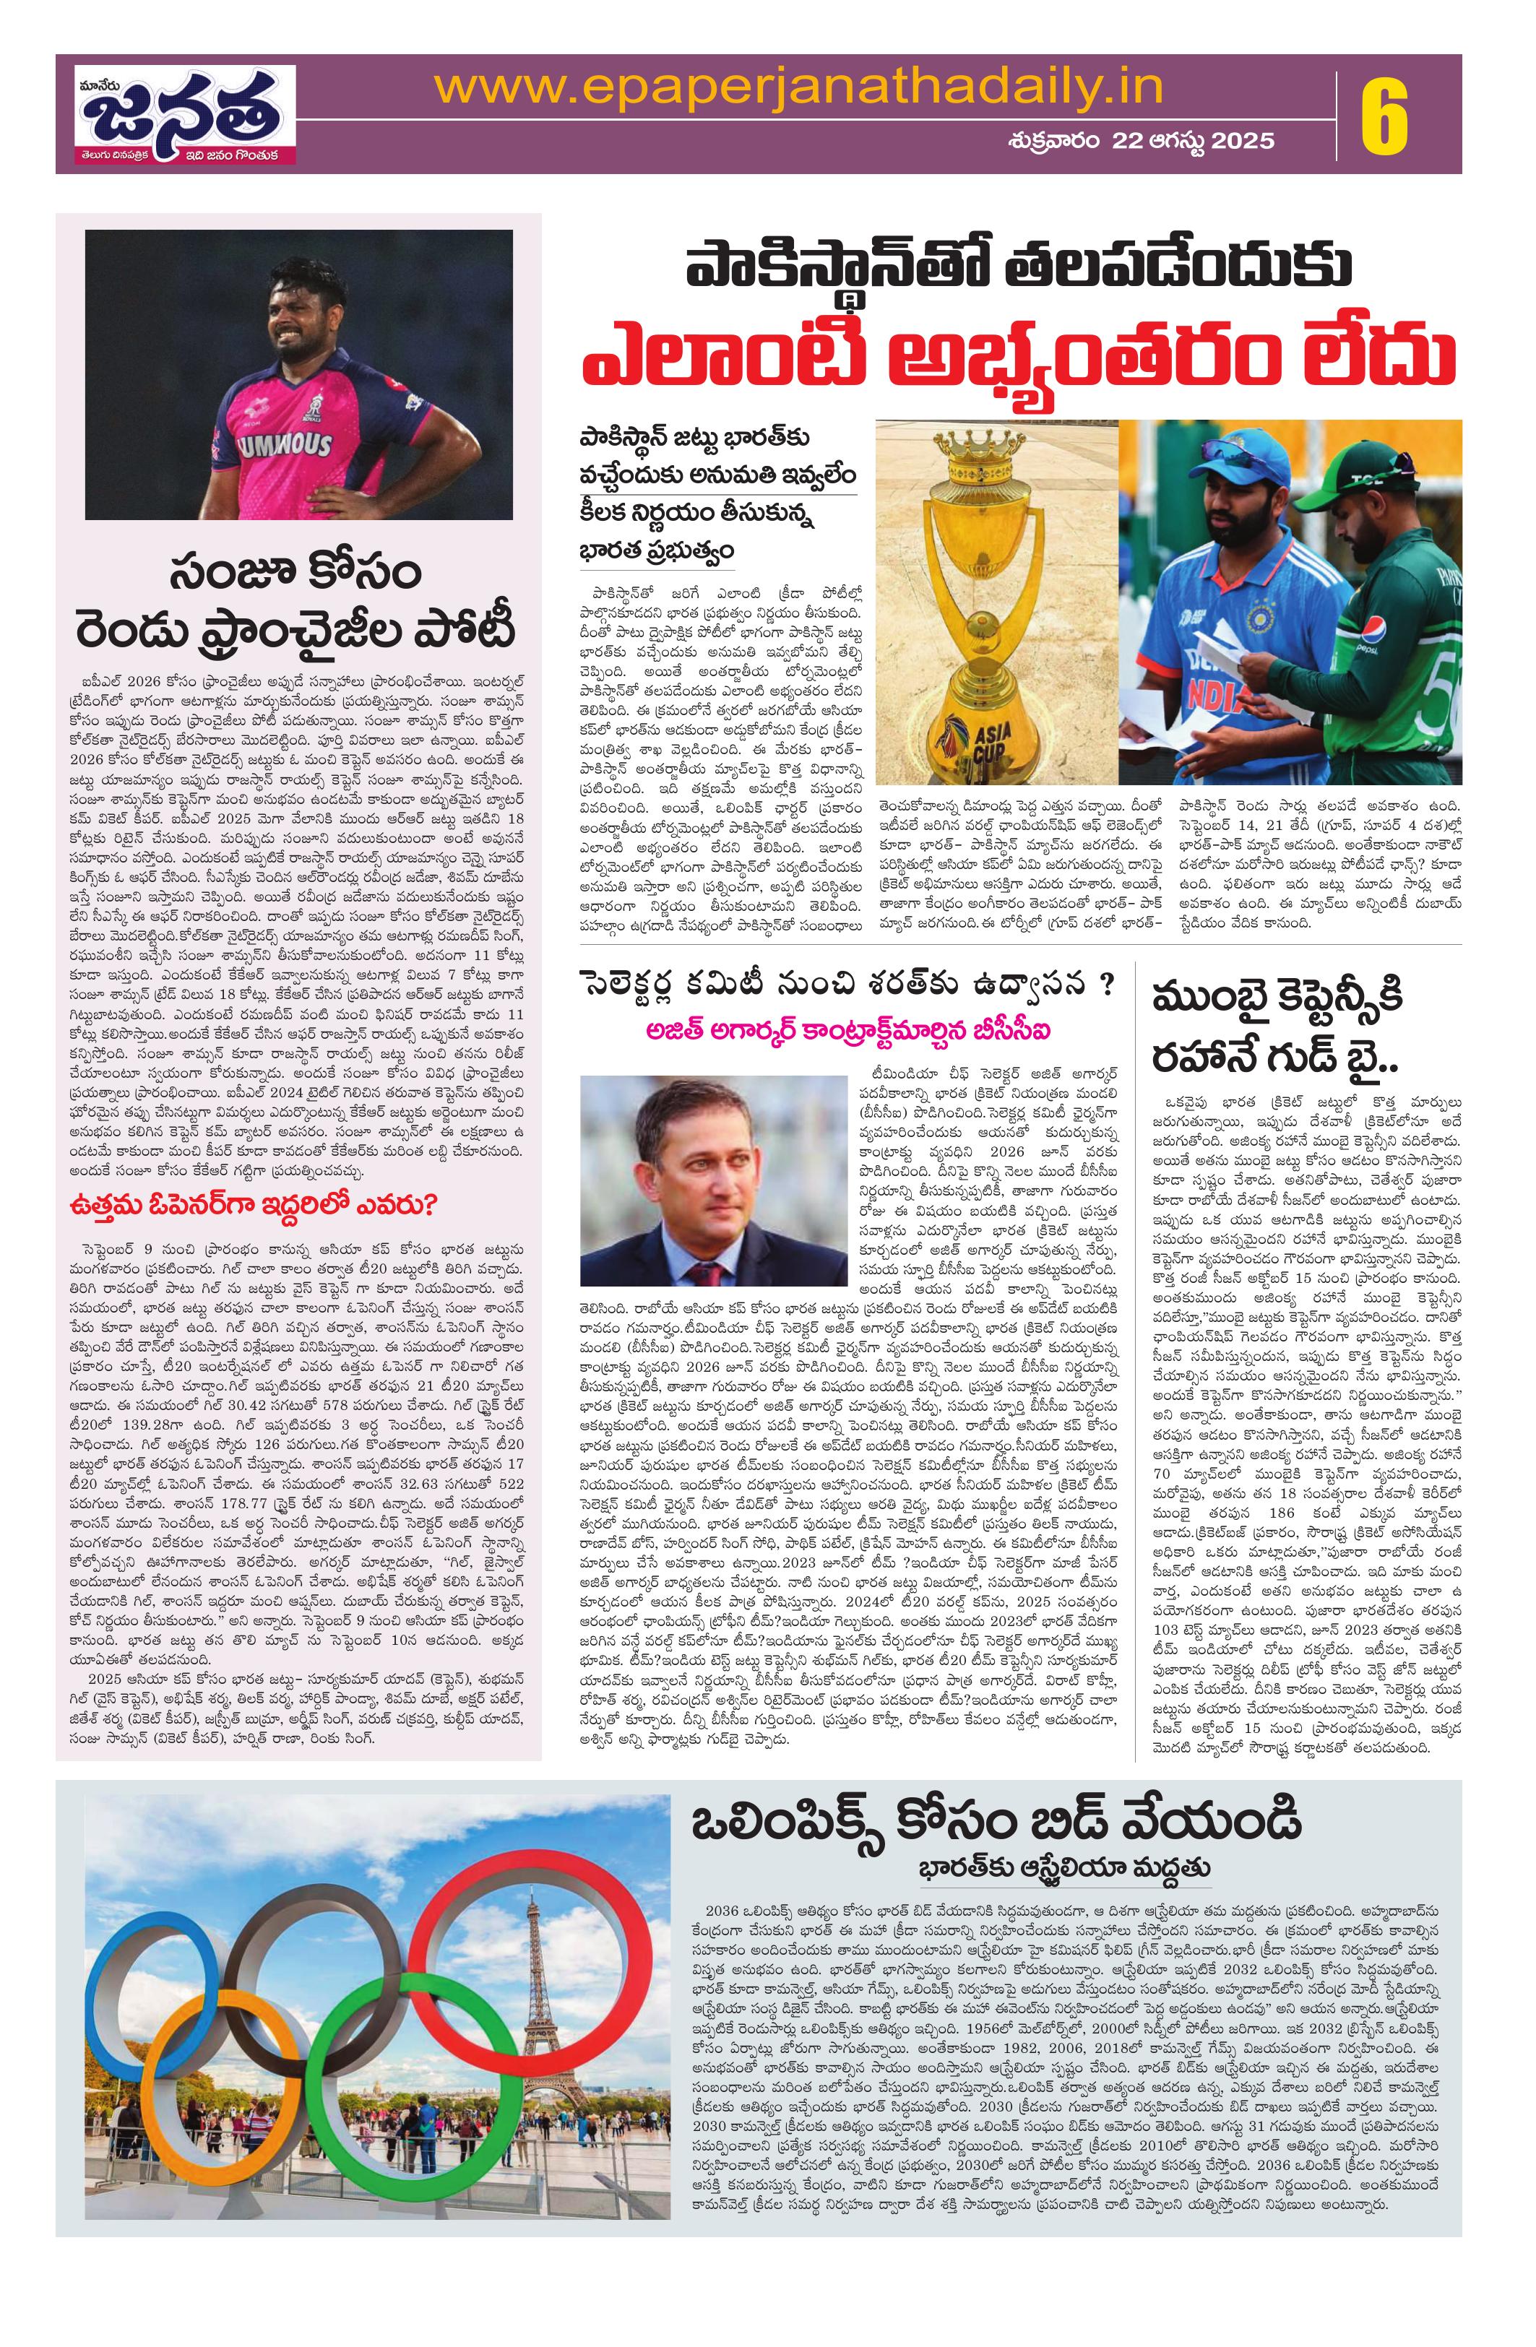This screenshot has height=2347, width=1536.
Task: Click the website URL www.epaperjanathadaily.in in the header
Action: (x=797, y=89)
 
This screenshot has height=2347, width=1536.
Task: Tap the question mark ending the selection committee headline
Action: (x=1108, y=989)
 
